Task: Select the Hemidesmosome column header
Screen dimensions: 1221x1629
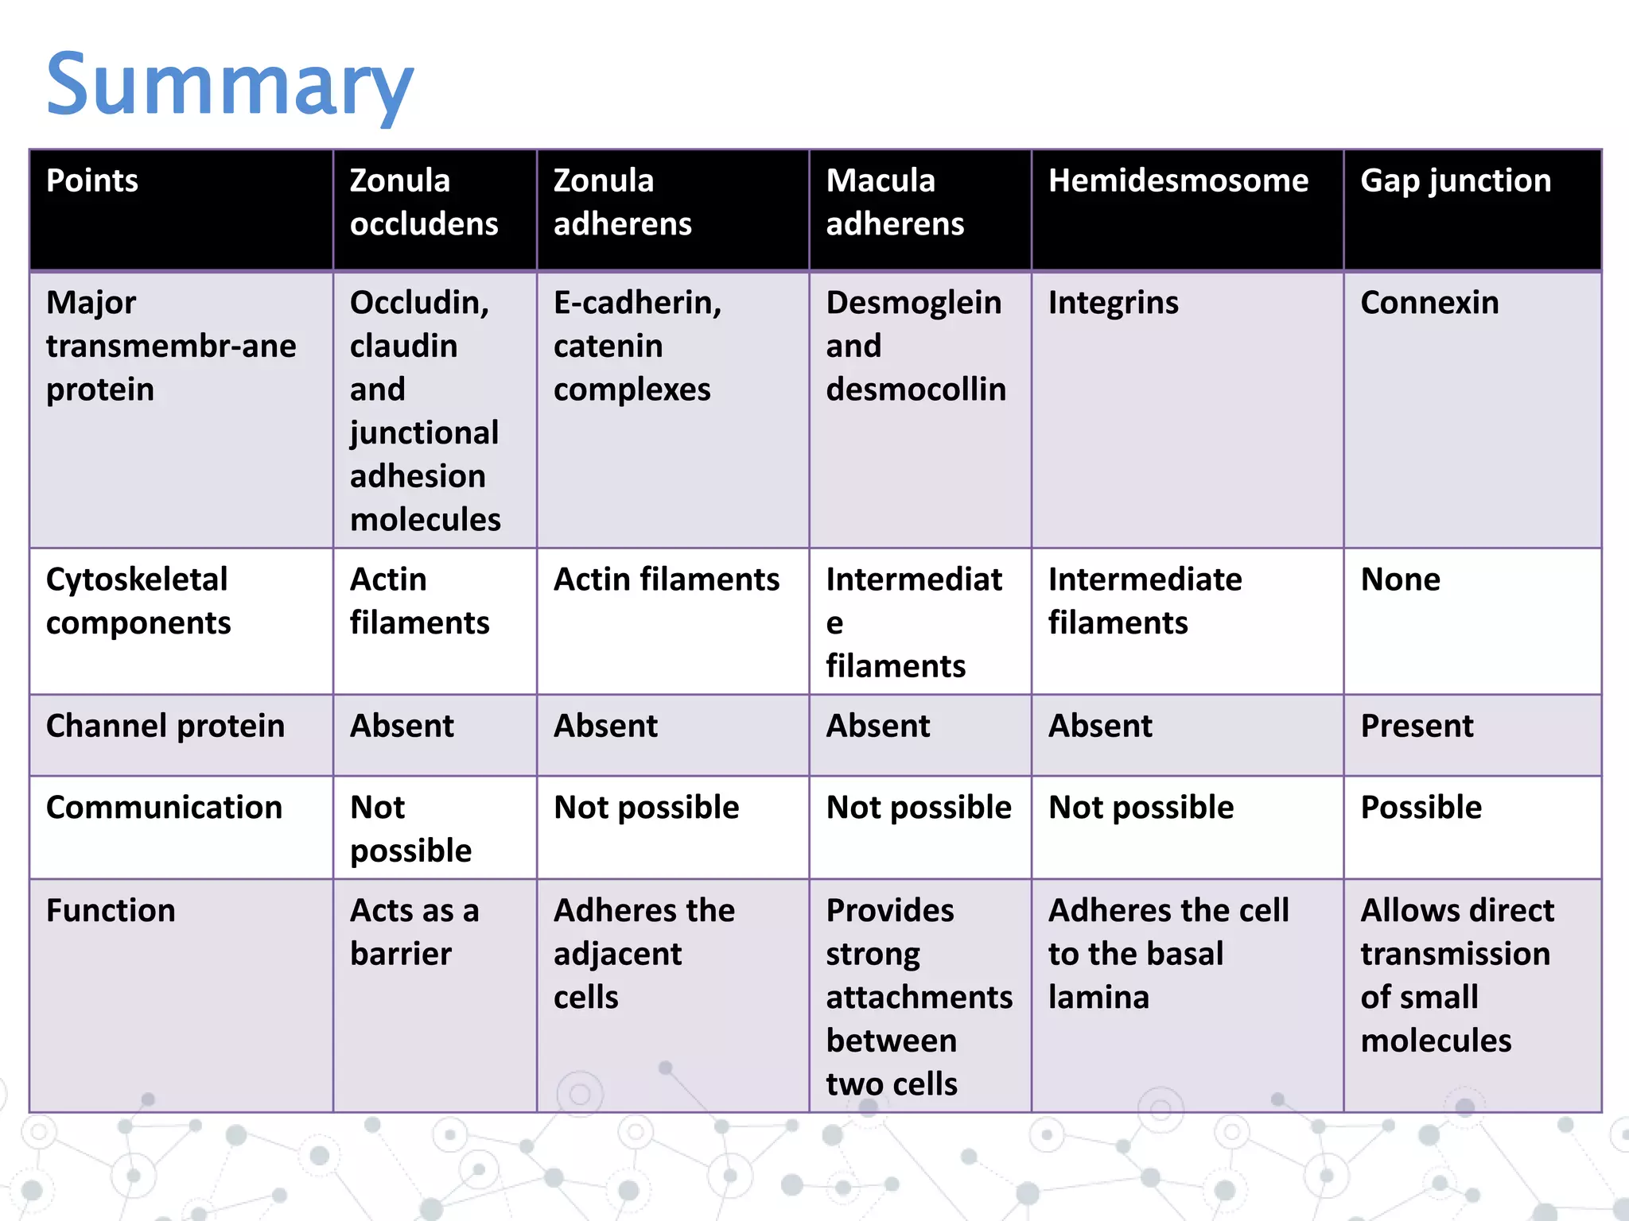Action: click(x=1178, y=181)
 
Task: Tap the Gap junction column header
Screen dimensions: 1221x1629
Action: click(x=1456, y=181)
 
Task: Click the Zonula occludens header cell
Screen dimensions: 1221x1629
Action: click(x=424, y=202)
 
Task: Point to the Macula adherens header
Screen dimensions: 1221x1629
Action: click(x=895, y=202)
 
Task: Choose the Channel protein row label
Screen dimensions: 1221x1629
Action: click(x=165, y=726)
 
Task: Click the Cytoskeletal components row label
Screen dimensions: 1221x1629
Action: click(x=138, y=601)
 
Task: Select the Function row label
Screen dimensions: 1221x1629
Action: click(x=111, y=910)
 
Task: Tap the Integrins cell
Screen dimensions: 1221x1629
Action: click(x=1114, y=303)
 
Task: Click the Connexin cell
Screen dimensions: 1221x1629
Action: click(x=1429, y=303)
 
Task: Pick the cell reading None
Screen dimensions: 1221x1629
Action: click(x=1400, y=579)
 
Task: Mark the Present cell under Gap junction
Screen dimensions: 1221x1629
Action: click(x=1417, y=726)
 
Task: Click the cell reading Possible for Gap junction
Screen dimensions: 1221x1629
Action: click(x=1421, y=808)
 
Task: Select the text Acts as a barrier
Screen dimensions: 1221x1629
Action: click(x=414, y=932)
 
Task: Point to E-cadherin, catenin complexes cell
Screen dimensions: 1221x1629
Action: click(x=637, y=346)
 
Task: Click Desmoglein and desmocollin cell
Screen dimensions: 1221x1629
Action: click(x=916, y=346)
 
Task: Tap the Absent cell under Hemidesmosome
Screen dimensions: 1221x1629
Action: click(x=1100, y=726)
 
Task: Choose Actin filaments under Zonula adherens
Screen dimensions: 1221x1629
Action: click(x=667, y=579)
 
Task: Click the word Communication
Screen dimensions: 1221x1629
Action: click(x=164, y=808)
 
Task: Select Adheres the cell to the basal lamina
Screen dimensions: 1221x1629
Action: click(x=1168, y=953)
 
